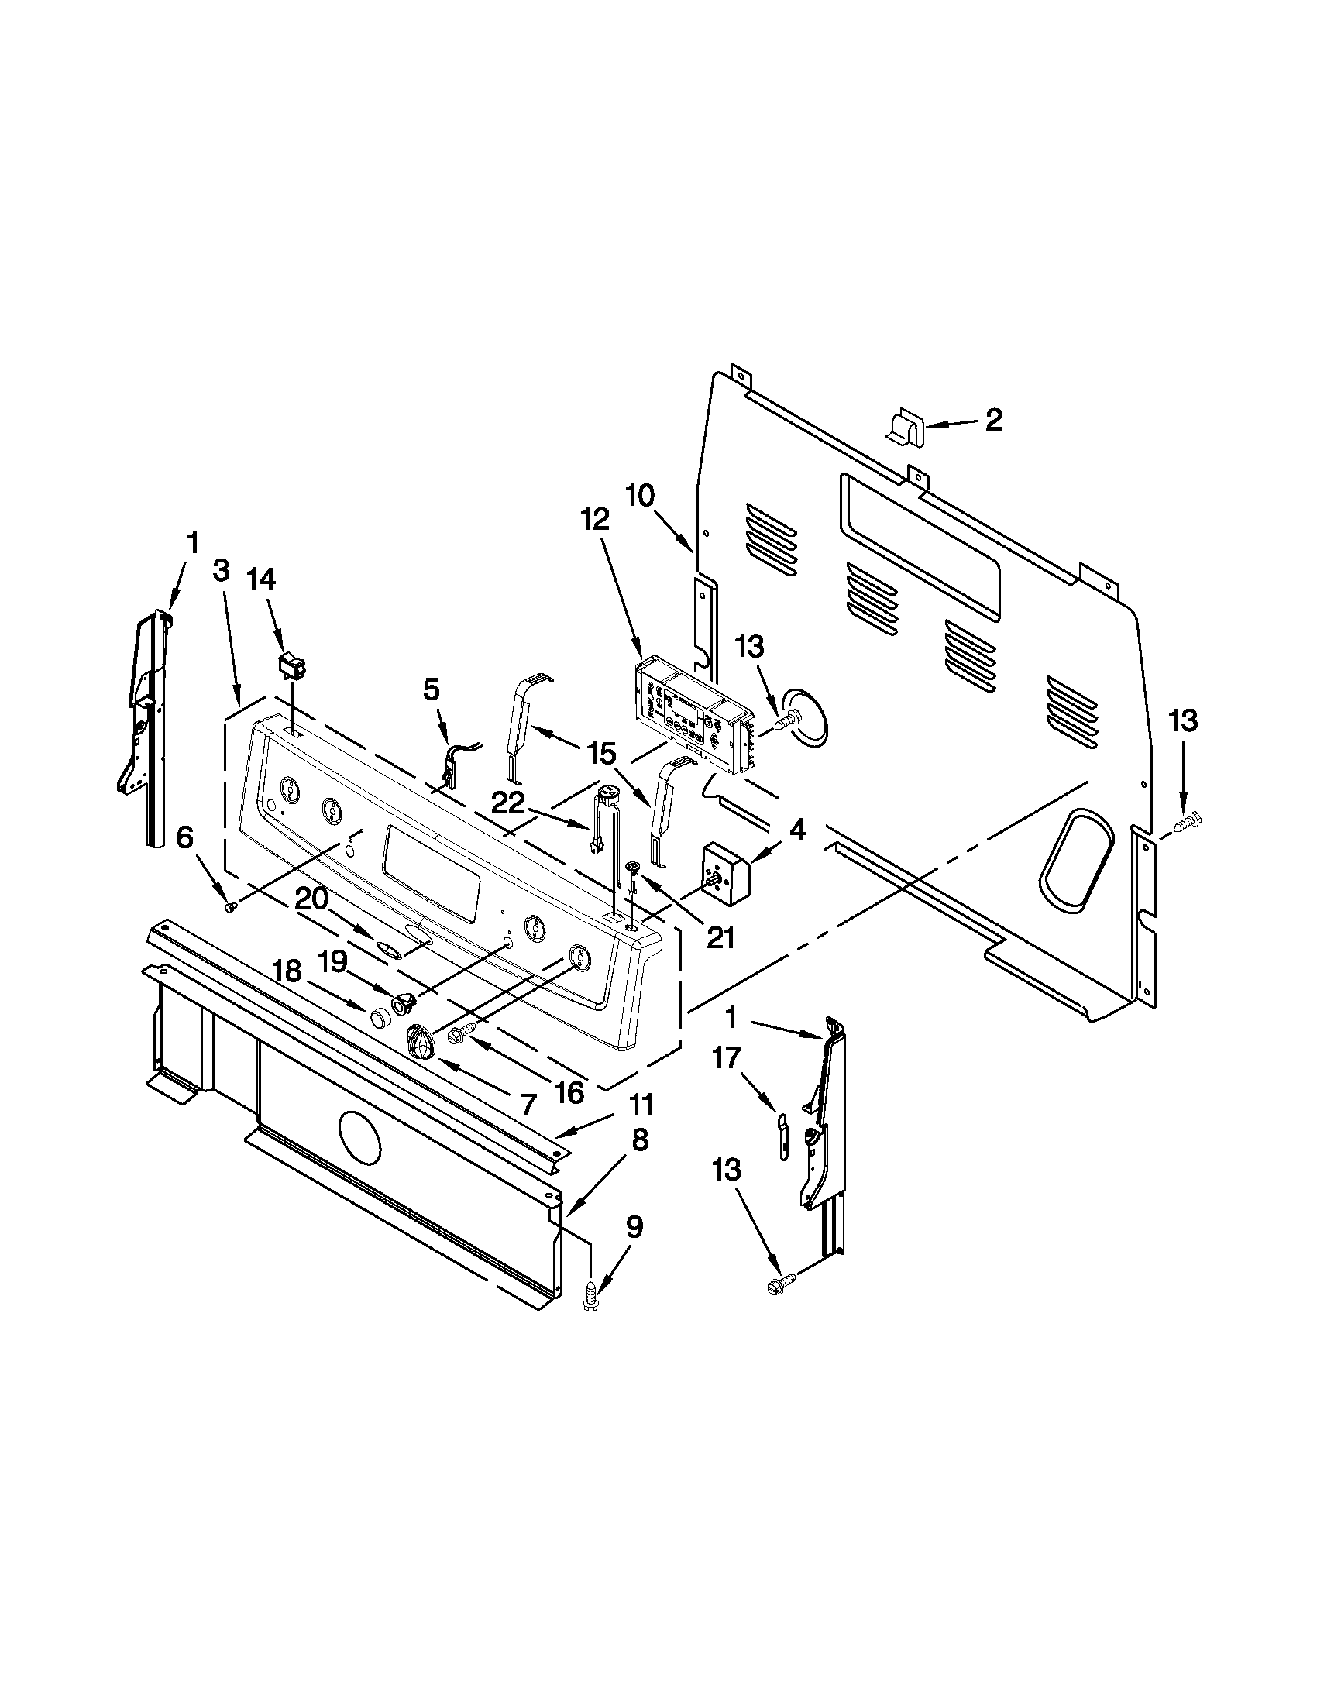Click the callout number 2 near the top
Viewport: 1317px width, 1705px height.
tap(992, 421)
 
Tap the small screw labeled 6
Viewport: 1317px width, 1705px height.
tap(231, 907)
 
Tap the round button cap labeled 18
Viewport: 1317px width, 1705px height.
tap(380, 1017)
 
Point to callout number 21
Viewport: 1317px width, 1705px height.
tap(720, 936)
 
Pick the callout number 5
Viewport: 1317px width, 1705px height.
tap(432, 689)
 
